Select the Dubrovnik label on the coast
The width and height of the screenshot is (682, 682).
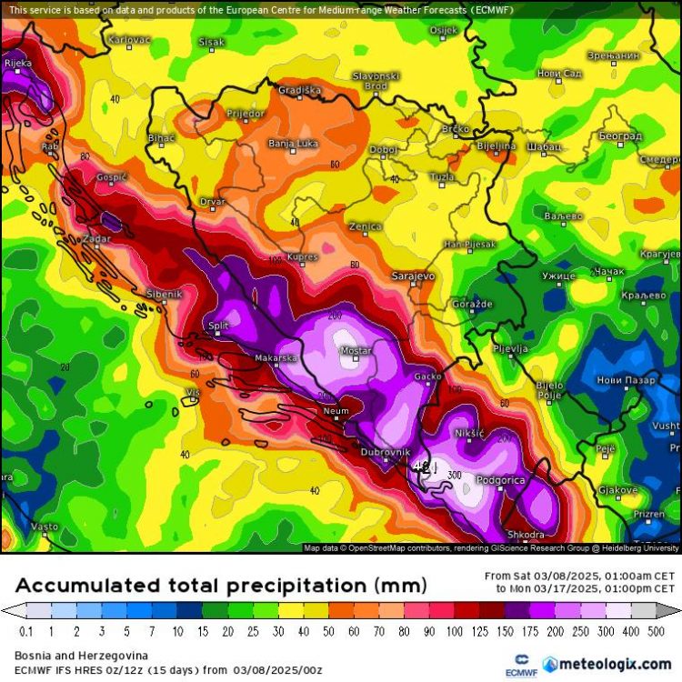pos(386,452)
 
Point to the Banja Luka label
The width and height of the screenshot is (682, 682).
pos(292,144)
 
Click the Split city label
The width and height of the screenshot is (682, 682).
pos(218,325)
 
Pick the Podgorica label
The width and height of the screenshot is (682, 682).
pos(501,479)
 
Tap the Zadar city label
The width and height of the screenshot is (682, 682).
pos(96,238)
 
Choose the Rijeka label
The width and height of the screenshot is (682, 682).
pos(17,63)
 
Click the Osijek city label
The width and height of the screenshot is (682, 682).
pos(444,30)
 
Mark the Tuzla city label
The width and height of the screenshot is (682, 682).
pos(443,176)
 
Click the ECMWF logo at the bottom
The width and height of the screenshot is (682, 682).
pos(521,662)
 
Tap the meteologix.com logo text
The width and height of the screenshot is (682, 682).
pos(614,663)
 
